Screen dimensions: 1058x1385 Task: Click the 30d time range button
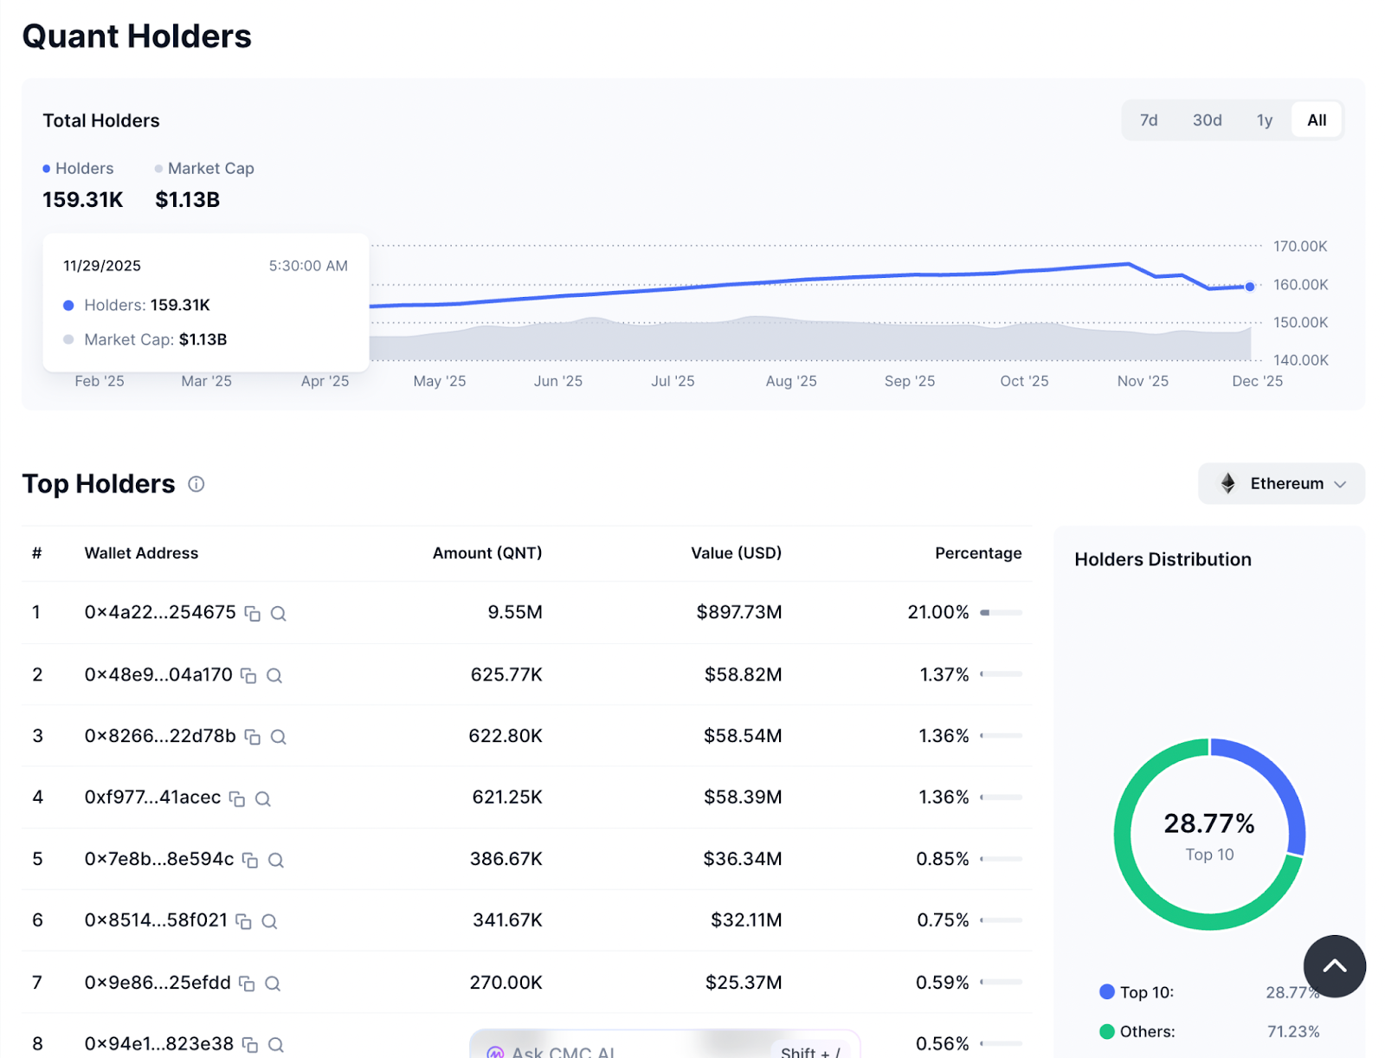(1207, 120)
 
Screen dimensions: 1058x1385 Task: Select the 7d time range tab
(1149, 120)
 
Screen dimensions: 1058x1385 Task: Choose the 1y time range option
(1265, 120)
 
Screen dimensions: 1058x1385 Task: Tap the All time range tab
(1317, 120)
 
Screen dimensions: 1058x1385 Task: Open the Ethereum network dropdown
(1281, 483)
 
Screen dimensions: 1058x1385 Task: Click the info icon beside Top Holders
(196, 484)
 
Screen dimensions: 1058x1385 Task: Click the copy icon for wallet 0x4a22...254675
(253, 614)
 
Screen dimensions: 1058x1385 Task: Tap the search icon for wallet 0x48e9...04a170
(274, 675)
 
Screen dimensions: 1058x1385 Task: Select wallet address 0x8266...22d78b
(160, 736)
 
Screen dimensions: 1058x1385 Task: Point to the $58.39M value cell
(743, 797)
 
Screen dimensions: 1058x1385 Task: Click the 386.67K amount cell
(506, 859)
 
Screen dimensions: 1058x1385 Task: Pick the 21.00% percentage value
(937, 612)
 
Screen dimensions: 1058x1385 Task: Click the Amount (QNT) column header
(487, 553)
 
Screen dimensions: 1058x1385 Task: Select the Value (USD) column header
(736, 553)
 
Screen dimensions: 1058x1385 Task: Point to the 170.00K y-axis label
(1299, 247)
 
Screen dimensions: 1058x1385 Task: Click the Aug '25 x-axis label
(790, 381)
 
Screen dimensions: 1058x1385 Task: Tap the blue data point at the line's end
(1250, 287)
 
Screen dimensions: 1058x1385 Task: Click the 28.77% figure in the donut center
(1208, 823)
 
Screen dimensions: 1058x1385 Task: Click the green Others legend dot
(1106, 1031)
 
